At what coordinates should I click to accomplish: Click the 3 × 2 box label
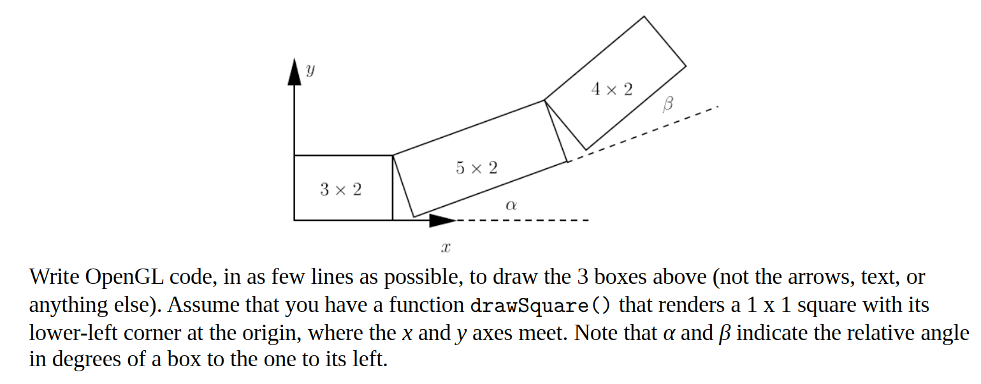point(340,189)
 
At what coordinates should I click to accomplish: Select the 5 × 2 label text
point(476,168)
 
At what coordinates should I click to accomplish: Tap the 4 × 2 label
point(611,89)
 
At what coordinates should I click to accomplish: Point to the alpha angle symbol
point(510,205)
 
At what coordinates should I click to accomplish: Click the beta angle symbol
point(667,104)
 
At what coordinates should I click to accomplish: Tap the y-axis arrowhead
point(294,71)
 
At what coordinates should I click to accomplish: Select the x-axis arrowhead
point(442,221)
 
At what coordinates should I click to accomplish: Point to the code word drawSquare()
point(540,306)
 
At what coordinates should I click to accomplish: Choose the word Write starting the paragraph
point(54,277)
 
